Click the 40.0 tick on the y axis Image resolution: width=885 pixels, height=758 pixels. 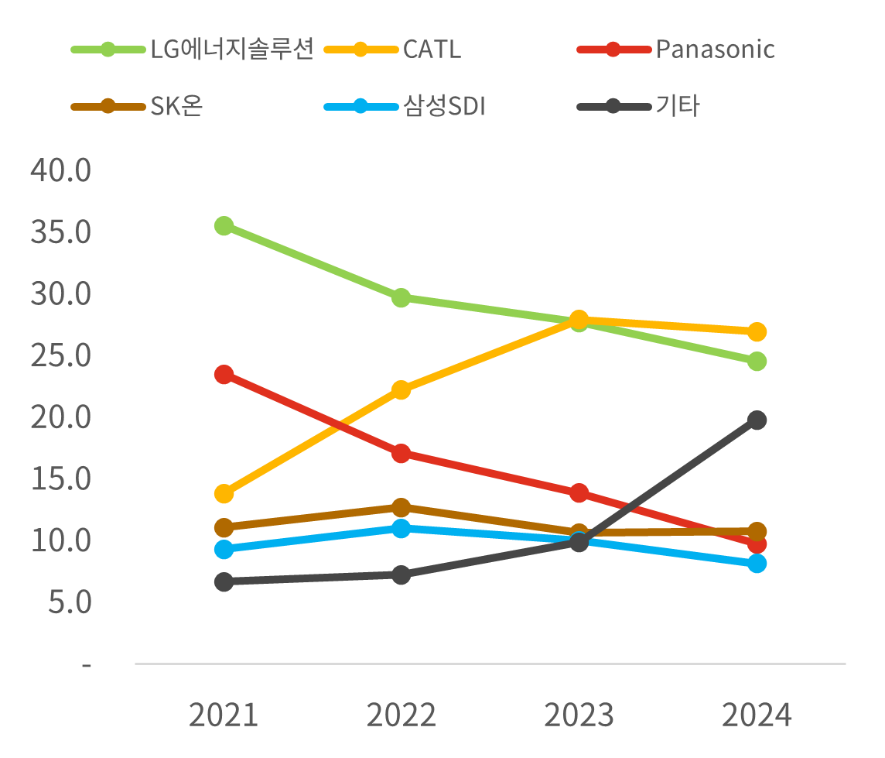(61, 170)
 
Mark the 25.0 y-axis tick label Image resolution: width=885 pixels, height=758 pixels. (61, 355)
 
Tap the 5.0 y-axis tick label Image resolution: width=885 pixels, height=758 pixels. (70, 602)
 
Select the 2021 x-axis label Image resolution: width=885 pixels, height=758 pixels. (224, 715)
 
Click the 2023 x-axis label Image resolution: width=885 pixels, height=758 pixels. (579, 715)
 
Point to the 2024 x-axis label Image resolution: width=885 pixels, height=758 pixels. (757, 715)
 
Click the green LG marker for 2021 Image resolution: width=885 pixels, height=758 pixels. (224, 225)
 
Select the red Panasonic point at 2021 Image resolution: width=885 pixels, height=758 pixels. (224, 374)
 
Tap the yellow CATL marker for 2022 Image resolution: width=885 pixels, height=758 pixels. (401, 389)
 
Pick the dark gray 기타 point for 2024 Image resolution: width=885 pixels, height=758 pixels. (757, 420)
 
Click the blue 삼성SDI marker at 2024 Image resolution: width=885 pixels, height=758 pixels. (757, 563)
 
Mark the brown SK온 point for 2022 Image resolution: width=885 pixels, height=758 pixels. (401, 507)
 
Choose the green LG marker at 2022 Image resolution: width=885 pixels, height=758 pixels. (401, 297)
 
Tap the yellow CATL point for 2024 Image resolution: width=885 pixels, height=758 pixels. (757, 331)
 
